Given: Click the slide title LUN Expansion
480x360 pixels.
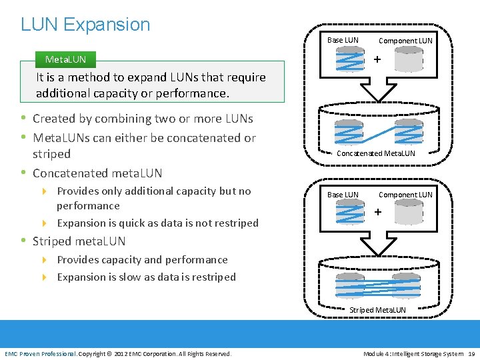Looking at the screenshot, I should [85, 25].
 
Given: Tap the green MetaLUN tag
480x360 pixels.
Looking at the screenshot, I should [65, 59].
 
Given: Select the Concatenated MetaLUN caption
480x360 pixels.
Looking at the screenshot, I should [376, 153].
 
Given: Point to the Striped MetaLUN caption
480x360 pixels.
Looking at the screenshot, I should [377, 310].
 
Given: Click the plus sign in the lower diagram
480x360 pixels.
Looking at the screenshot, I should [377, 212].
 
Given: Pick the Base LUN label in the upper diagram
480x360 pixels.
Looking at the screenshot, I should [343, 40].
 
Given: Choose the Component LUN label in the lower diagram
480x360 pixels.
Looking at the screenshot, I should [405, 195].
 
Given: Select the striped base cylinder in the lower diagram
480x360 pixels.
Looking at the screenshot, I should [346, 213].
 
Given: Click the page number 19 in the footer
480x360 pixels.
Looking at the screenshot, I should [471, 353].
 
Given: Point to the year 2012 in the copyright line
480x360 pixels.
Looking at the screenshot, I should [122, 353].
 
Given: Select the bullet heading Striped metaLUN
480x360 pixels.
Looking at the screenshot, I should [79, 241].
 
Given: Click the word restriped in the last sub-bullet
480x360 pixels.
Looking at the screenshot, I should [213, 277].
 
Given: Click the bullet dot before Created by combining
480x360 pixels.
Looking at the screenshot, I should [23, 119].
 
